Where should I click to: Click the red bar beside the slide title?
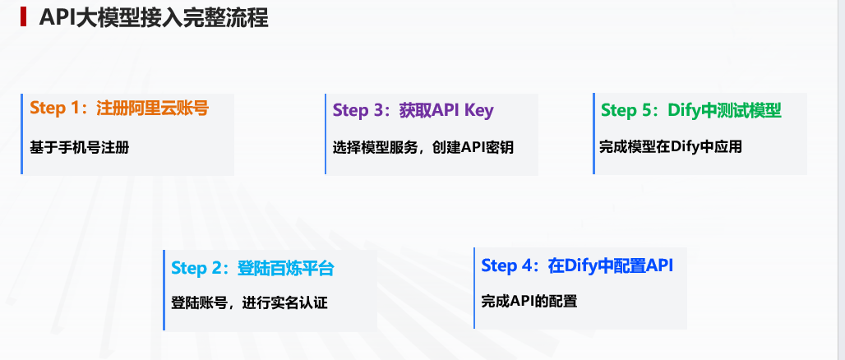coord(23,17)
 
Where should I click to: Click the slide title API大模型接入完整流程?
coord(154,18)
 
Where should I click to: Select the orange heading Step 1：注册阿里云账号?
coord(119,108)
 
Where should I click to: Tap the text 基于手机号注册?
coord(80,147)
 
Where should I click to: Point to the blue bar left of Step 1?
coord(21,134)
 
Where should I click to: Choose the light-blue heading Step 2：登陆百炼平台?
coord(252,268)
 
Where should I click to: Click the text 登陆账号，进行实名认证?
coord(249,302)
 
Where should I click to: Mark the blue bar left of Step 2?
coord(164,290)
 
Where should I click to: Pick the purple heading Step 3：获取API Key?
coord(413,110)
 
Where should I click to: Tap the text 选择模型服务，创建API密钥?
coord(423,148)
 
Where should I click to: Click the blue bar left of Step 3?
coord(326,134)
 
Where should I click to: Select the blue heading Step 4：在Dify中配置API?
coord(577,265)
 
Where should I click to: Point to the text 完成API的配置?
coord(529,302)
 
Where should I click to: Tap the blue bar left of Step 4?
coord(475,288)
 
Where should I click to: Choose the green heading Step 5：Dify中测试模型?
coord(691,110)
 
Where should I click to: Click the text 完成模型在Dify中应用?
coord(671,146)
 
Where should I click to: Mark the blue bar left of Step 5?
coord(593,134)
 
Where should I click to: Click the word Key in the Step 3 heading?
coord(478,111)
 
